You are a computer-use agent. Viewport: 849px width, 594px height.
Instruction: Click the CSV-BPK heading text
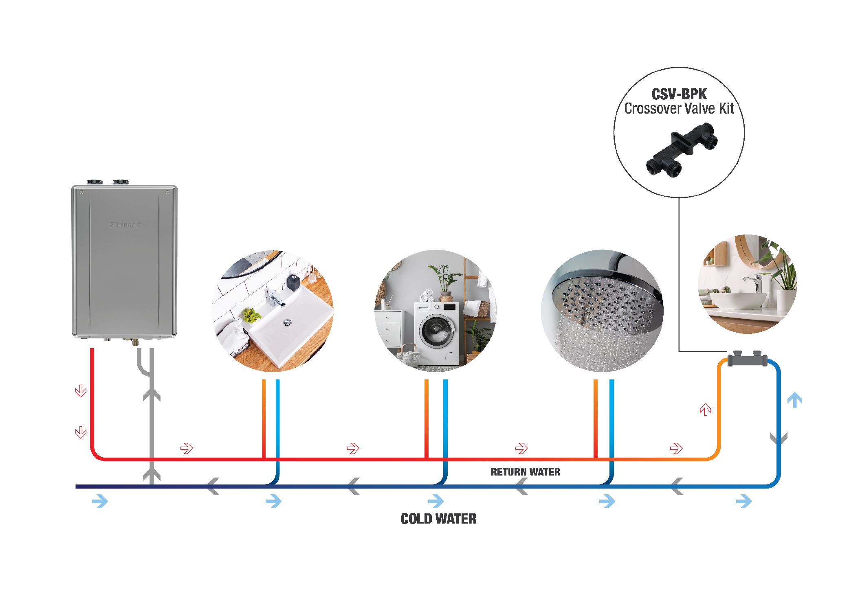point(679,94)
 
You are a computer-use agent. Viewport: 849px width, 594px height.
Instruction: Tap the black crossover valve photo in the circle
point(682,150)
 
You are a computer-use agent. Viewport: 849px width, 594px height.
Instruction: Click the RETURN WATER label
point(525,472)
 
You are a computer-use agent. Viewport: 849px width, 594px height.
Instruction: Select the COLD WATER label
point(438,519)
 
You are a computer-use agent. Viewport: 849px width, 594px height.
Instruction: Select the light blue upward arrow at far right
point(794,399)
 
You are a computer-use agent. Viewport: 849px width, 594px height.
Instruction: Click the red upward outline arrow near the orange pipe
point(705,409)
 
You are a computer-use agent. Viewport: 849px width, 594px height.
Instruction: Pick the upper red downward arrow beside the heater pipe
point(81,391)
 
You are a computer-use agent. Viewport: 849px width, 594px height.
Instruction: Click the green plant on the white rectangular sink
point(251,315)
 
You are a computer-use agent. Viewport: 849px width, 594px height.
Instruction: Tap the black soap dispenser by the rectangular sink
point(293,282)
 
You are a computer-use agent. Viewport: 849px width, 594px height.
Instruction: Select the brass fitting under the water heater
point(135,342)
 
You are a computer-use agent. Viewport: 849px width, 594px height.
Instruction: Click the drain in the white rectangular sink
point(288,323)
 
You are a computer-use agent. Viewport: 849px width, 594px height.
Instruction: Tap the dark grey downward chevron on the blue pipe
point(778,438)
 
